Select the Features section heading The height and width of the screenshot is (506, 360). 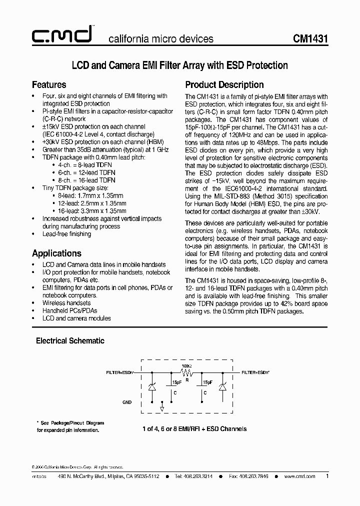click(49, 84)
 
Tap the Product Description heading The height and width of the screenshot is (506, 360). click(224, 84)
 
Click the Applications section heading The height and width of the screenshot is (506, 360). click(56, 253)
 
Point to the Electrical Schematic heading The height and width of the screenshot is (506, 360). click(70, 340)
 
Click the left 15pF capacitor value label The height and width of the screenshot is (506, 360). click(176, 382)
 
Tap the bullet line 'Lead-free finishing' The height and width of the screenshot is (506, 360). click(66, 234)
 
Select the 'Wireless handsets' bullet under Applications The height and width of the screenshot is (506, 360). click(66, 303)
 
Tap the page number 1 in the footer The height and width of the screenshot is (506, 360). click(327, 476)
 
